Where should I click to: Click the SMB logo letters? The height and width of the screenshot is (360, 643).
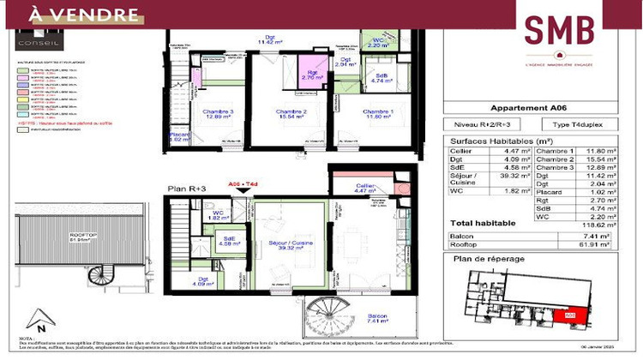[559, 30]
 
